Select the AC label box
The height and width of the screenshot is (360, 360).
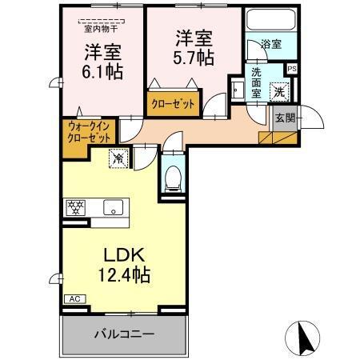74,298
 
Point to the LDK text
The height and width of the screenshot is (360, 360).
123,254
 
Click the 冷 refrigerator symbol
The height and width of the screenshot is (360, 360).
118,158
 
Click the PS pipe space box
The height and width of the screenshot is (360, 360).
292,69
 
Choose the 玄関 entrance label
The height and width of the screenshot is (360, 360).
285,117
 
